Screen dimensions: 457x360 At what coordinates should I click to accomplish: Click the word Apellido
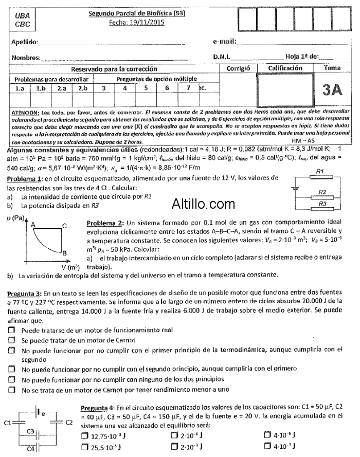tap(25, 41)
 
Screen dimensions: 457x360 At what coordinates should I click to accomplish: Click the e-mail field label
tap(224, 41)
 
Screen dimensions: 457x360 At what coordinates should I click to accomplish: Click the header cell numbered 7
tap(188, 88)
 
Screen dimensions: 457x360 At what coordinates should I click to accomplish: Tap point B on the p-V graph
tap(65, 253)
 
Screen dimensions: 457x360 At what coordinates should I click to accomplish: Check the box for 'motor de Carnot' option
tap(12, 340)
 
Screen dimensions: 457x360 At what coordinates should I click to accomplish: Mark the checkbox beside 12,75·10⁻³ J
tap(85, 436)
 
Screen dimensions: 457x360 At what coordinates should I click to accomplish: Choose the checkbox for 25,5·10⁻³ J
tap(85, 447)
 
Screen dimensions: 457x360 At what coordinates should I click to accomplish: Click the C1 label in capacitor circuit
tap(7, 423)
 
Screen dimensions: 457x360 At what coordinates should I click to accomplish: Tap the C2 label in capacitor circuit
tap(70, 422)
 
